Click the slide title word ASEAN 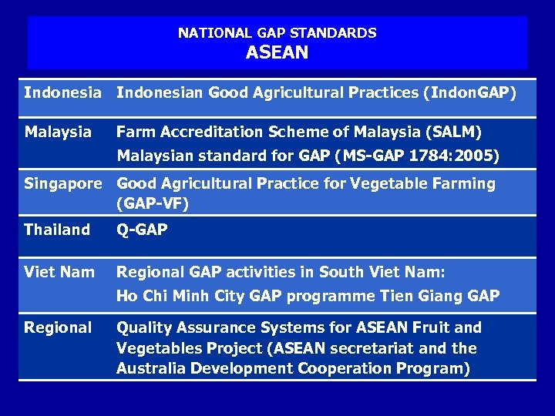(x=277, y=53)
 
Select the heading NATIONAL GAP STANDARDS (x=277, y=33)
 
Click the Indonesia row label (x=62, y=93)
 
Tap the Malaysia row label (x=58, y=133)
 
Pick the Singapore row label (x=62, y=183)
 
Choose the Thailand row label (x=57, y=230)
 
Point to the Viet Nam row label (x=59, y=272)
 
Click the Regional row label (x=58, y=327)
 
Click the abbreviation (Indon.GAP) (x=469, y=93)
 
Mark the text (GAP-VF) (x=153, y=204)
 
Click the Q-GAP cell (x=142, y=230)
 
